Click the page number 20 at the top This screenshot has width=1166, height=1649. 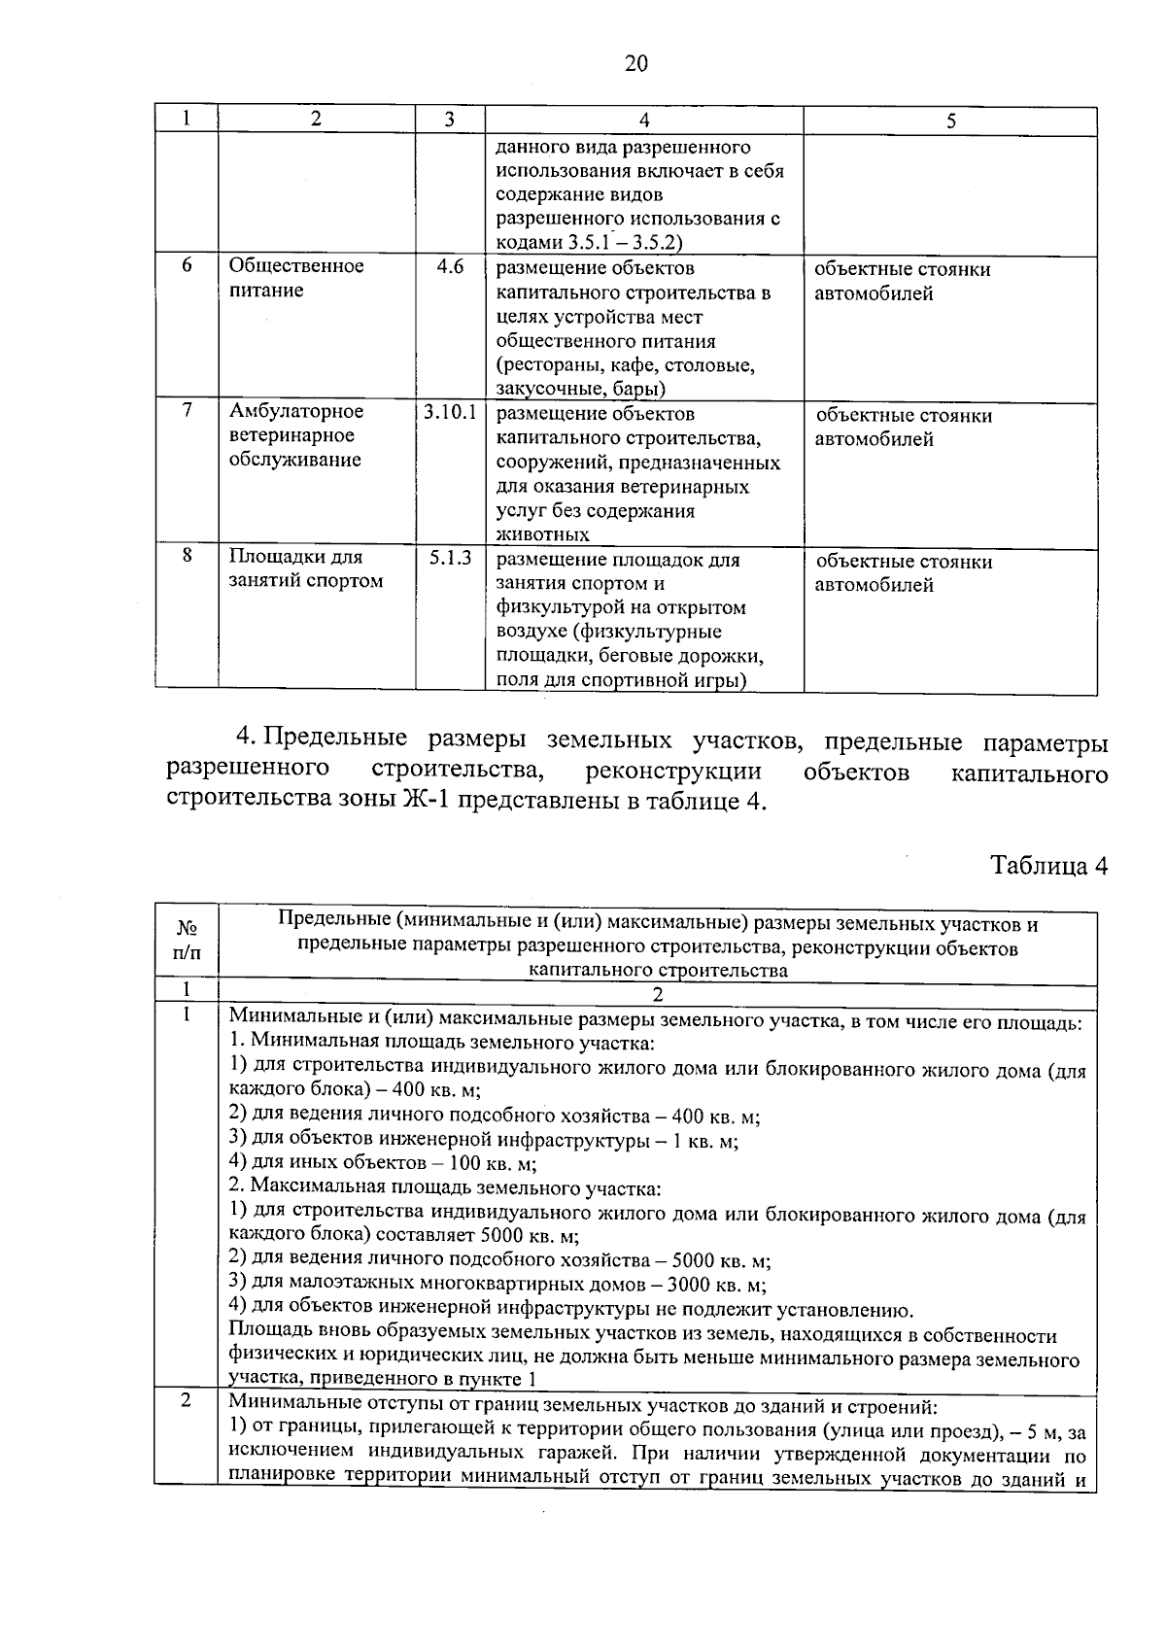click(x=635, y=64)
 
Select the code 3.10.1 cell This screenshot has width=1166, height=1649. click(x=450, y=412)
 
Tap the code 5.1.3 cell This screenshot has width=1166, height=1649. click(x=450, y=558)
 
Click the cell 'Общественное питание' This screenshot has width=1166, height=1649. click(x=296, y=278)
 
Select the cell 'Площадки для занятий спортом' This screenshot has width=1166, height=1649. click(x=305, y=569)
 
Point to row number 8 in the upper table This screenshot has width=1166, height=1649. click(x=187, y=556)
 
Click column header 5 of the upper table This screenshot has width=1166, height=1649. click(x=950, y=120)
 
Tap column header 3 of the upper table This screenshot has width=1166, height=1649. click(x=449, y=120)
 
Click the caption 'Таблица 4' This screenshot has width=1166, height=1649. click(x=1048, y=866)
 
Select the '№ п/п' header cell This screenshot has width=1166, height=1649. click(x=187, y=941)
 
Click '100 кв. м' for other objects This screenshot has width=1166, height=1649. click(x=493, y=1163)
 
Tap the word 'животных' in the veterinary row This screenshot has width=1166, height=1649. click(x=542, y=534)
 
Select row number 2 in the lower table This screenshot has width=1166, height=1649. click(x=187, y=1401)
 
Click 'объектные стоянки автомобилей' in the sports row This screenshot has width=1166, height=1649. click(x=903, y=573)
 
